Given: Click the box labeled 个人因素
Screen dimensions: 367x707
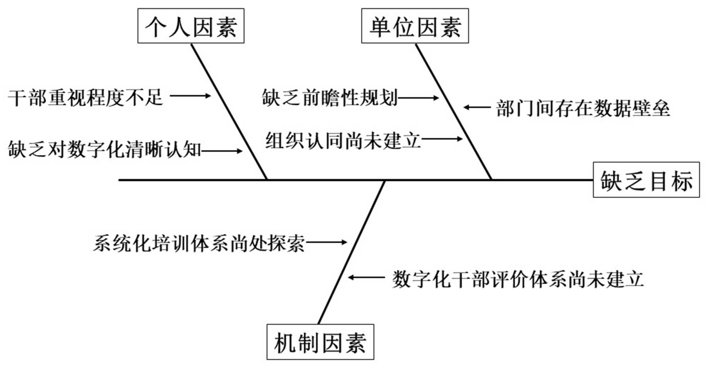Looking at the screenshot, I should pos(191,26).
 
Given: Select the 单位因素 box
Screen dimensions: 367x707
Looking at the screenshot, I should pos(415,26).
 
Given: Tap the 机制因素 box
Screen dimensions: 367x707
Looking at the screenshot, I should pos(320,342).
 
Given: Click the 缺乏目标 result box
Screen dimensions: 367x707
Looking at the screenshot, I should pos(646,180).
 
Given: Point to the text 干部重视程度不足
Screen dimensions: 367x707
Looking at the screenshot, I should pos(85,97).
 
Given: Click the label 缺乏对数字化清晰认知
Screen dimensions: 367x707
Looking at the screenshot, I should pos(105,149).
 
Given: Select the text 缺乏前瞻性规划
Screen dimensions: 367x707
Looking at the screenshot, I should pos(330,97).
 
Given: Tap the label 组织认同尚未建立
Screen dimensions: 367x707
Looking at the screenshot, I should pos(343,140).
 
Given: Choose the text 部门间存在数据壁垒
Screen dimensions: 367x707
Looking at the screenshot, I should pos(583,108).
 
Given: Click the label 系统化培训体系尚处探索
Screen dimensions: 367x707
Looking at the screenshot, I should pos(199,243).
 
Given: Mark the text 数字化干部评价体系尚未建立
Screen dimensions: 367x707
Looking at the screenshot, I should pos(518,279).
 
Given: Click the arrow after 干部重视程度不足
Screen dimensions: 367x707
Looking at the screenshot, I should pos(190,95).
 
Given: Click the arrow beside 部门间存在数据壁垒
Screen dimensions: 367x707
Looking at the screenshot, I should pos(477,107).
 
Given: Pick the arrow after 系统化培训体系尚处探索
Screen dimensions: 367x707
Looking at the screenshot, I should pos(327,242).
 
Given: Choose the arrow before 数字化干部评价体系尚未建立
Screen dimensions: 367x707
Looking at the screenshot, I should pos(366,278).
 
